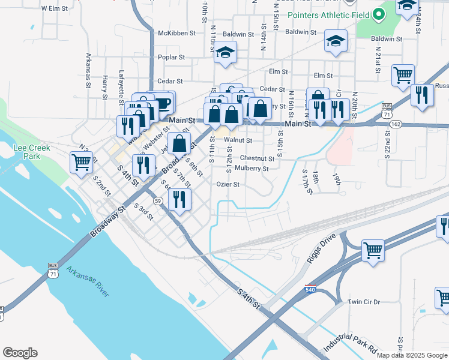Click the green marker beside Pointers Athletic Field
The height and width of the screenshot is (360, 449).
click(379, 14)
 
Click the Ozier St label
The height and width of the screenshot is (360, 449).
click(228, 185)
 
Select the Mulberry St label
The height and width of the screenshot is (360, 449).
click(252, 169)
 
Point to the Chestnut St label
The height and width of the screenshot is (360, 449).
click(257, 158)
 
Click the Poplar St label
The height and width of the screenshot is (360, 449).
click(172, 57)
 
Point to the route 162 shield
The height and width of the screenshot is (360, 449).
click(396, 124)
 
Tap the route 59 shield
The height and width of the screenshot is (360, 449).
click(158, 200)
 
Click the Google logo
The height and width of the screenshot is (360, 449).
click(20, 353)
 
